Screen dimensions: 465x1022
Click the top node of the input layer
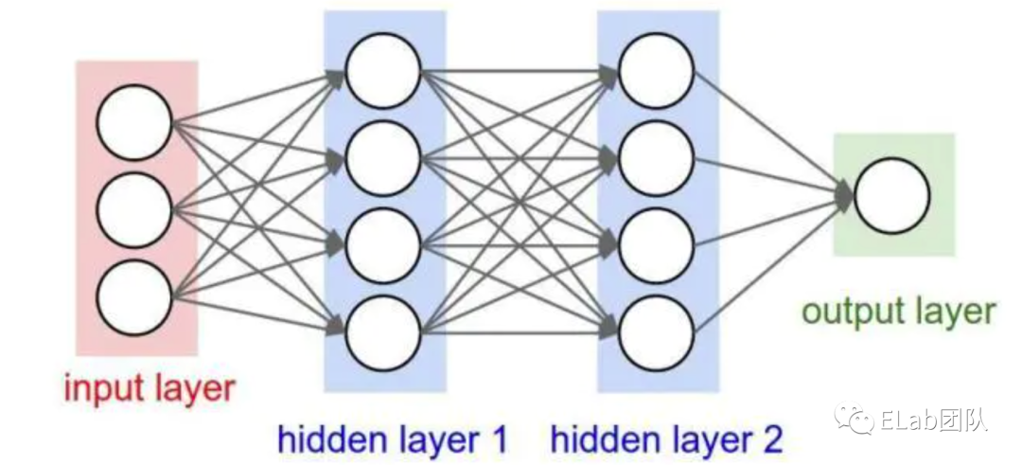click(x=134, y=122)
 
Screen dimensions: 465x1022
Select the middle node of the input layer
click(x=134, y=210)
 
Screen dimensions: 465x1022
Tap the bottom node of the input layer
click(x=134, y=297)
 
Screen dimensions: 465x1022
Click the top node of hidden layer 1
click(x=382, y=71)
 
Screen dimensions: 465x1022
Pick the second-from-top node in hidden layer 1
click(x=382, y=158)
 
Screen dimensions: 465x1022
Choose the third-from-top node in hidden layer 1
click(x=382, y=245)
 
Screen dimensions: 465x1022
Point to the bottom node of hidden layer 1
click(x=382, y=333)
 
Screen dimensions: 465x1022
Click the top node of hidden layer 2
click(x=656, y=71)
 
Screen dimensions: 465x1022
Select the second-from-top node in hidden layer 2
click(x=656, y=158)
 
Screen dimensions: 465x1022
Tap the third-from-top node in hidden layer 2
click(x=656, y=245)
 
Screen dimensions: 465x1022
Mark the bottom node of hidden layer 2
click(x=656, y=333)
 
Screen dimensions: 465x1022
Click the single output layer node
click(x=891, y=195)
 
